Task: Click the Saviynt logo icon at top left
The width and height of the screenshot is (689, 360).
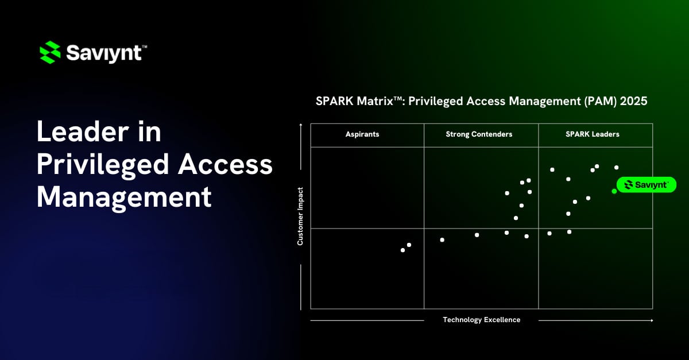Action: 50,52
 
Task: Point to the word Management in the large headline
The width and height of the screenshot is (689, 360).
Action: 124,197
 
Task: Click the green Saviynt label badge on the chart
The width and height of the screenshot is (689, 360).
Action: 646,184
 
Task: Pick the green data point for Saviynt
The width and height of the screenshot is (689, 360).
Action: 614,191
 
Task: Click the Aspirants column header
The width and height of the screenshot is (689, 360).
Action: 362,134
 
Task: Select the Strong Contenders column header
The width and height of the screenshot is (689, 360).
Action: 479,134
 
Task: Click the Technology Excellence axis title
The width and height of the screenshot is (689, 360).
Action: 481,320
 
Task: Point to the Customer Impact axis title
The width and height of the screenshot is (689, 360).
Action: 300,216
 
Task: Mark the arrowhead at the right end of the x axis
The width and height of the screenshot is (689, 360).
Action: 651,320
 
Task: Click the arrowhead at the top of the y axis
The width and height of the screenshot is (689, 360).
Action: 300,125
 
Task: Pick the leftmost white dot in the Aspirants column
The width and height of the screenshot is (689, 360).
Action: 402,250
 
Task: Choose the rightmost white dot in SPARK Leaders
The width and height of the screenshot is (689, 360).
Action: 617,168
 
